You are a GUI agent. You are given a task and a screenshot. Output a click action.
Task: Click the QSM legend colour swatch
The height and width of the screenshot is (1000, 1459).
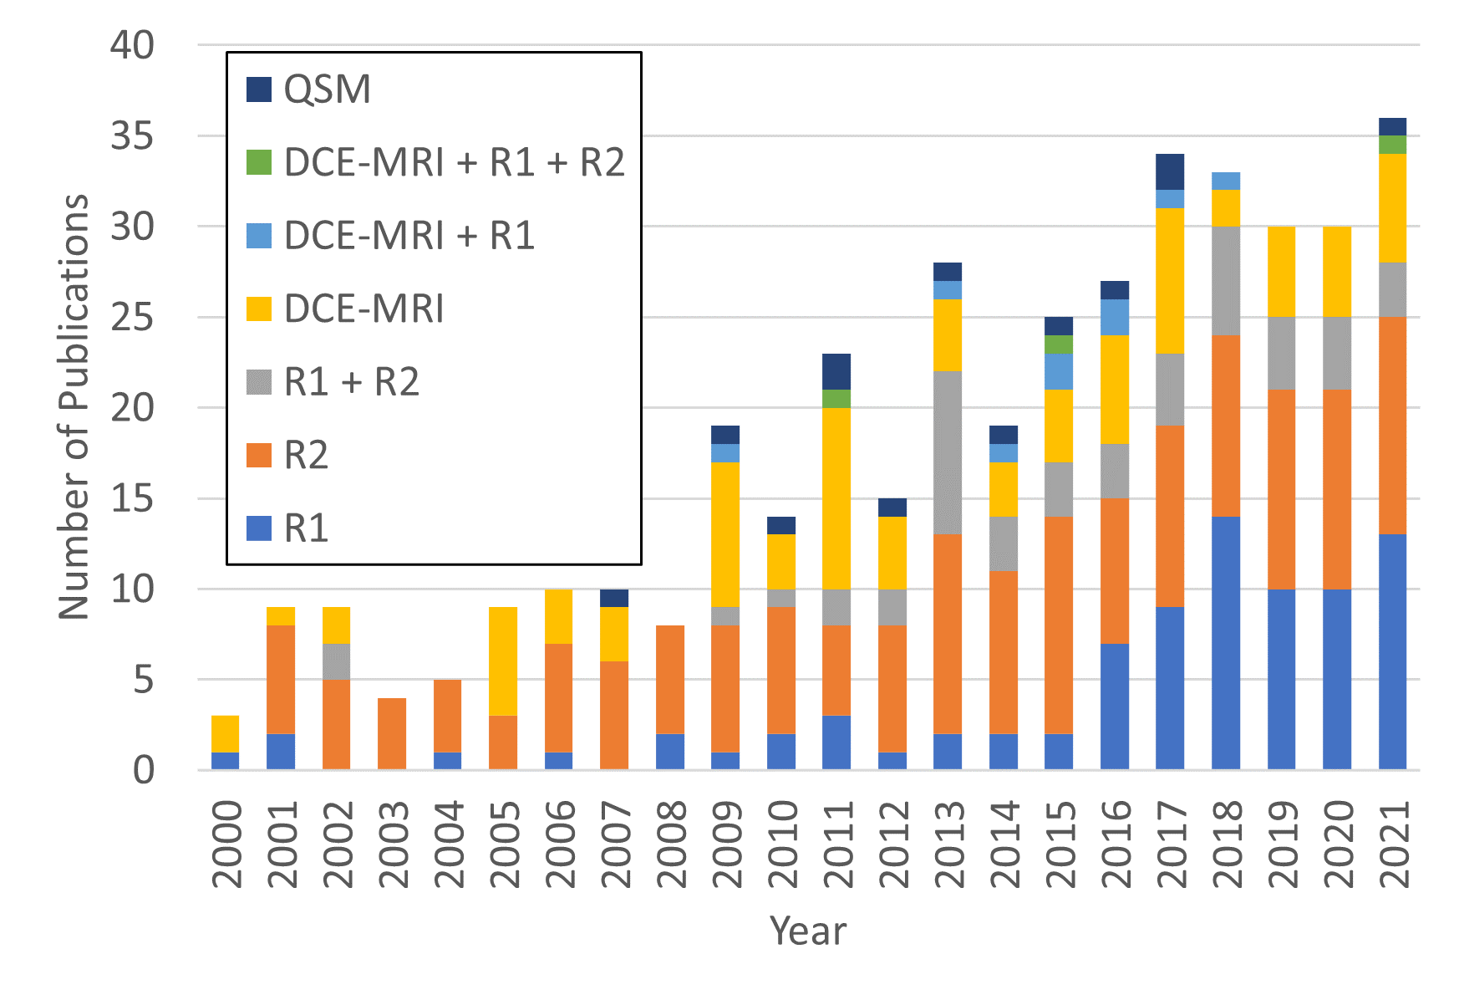click(259, 89)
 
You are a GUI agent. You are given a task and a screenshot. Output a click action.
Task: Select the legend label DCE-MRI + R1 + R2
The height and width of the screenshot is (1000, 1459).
click(454, 162)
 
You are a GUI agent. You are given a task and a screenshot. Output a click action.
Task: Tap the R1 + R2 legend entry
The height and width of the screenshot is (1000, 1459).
click(351, 382)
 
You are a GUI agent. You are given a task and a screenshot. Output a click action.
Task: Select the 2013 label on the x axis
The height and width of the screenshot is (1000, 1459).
click(948, 844)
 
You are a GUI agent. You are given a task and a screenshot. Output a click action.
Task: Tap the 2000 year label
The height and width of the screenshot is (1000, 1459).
click(226, 844)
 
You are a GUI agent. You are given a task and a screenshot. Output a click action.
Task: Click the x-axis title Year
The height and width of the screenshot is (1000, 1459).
click(808, 931)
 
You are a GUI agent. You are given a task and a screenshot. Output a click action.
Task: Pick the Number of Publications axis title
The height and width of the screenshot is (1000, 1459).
click(74, 407)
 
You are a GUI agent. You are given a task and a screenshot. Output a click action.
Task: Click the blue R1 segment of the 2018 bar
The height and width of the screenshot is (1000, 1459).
click(1226, 643)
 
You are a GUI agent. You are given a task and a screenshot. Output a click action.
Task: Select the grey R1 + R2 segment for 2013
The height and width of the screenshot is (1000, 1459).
click(948, 452)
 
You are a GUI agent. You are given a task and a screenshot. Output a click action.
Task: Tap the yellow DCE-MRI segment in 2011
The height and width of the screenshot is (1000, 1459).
click(837, 498)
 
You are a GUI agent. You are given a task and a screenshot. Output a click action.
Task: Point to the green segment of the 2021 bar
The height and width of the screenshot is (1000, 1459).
click(1393, 145)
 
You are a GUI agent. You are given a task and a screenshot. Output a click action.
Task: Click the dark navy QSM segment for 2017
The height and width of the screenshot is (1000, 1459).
click(1170, 171)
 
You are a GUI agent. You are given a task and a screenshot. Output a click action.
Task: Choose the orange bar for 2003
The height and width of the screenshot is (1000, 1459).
click(392, 733)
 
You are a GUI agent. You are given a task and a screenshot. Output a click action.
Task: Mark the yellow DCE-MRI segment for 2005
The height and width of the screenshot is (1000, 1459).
click(503, 661)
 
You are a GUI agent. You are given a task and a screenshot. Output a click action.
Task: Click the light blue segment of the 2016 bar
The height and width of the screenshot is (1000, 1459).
click(1115, 317)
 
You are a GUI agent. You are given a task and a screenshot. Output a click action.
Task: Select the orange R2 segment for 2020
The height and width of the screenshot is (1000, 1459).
click(1337, 489)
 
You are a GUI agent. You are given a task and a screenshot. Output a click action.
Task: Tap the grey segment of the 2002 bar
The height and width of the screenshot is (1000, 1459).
click(337, 661)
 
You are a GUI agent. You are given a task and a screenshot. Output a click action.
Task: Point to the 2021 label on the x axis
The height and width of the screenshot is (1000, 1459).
click(1393, 844)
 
